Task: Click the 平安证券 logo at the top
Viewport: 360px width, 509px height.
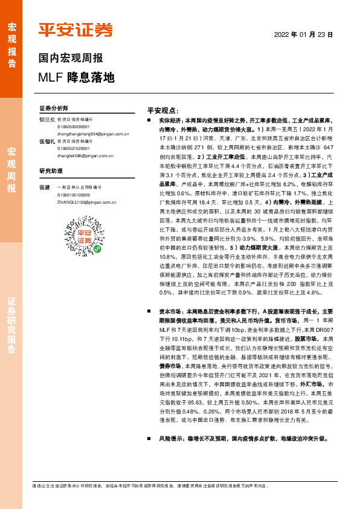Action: (76, 30)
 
